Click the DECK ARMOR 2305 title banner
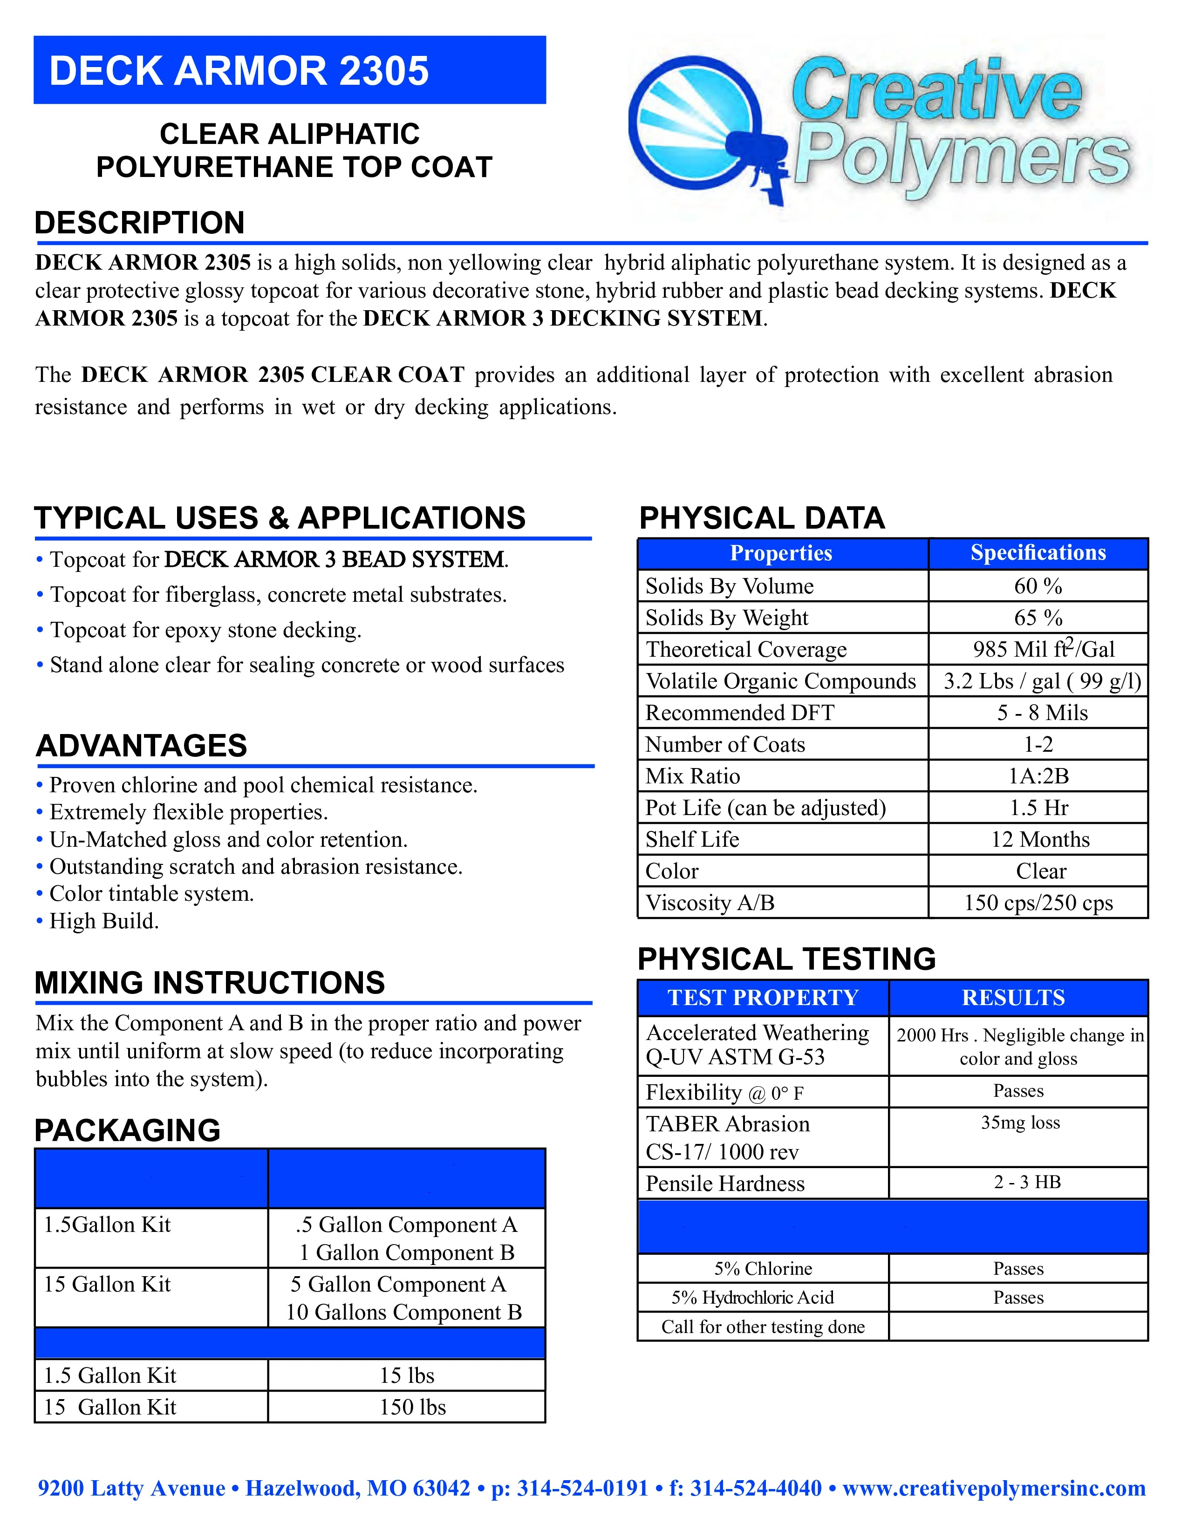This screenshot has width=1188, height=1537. [289, 70]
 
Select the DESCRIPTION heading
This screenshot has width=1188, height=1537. [139, 223]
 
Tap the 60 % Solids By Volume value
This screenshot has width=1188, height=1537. [1038, 585]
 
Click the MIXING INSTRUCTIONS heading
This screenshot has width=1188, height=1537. [210, 982]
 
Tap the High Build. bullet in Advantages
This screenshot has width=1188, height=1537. [103, 921]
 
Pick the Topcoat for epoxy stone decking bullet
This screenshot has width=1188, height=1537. [205, 630]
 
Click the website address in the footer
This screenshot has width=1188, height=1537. [993, 1489]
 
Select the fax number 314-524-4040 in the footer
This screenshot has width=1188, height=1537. [756, 1489]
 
